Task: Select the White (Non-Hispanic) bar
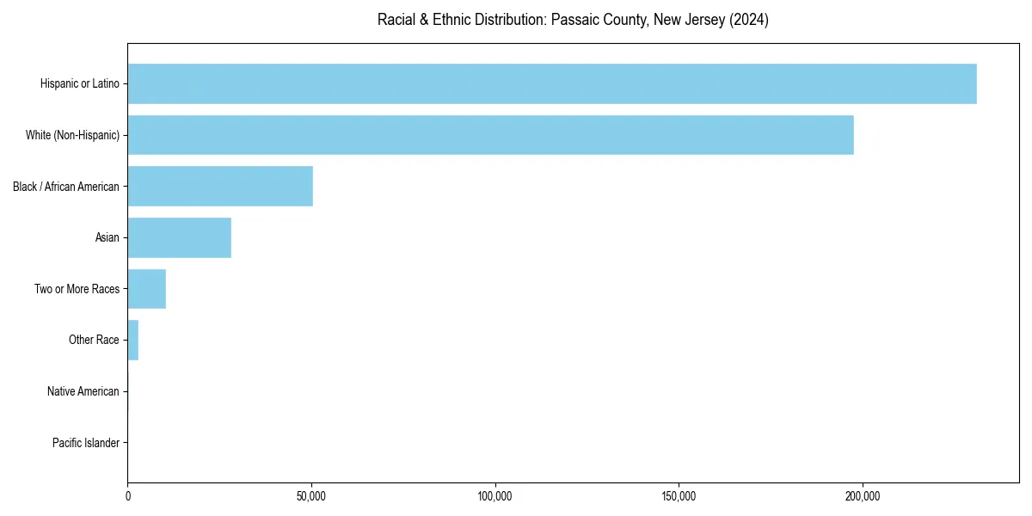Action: [x=490, y=135]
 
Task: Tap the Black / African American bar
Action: [x=220, y=186]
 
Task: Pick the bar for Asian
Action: [x=179, y=237]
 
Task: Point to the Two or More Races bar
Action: [x=146, y=289]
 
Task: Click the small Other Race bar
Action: [x=133, y=340]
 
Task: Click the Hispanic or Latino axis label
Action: [x=79, y=83]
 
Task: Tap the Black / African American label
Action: [x=66, y=187]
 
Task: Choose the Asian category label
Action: [x=107, y=237]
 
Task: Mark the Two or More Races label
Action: [x=77, y=289]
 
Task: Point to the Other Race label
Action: [x=94, y=340]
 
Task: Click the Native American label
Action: [x=83, y=391]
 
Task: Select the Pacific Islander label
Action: [x=85, y=443]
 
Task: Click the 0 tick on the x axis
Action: [x=128, y=496]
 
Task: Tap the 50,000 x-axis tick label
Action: [x=311, y=496]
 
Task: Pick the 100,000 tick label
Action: [x=495, y=496]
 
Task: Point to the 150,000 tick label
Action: [x=679, y=496]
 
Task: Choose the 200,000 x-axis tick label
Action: [x=863, y=496]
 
